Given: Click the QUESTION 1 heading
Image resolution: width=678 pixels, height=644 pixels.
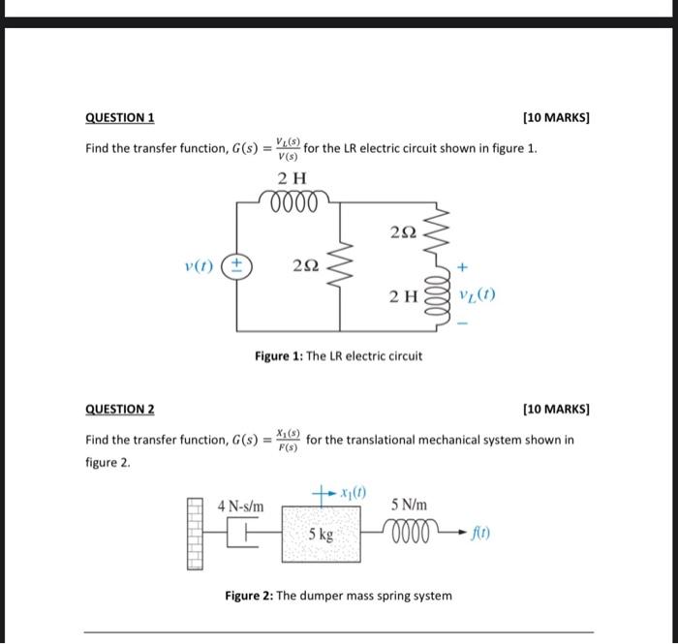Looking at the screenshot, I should point(120,118).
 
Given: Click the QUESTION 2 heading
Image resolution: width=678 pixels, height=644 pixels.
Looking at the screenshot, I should point(120,409).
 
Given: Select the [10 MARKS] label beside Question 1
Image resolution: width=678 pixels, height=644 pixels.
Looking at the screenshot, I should point(555,118).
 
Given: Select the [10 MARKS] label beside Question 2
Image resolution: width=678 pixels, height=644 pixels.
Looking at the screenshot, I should point(555,409).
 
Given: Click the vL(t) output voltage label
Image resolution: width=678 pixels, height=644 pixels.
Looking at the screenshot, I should point(477,295).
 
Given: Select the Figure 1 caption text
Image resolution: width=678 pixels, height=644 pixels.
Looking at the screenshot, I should point(338,356).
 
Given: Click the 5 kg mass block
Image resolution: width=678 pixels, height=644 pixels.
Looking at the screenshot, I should point(323,532).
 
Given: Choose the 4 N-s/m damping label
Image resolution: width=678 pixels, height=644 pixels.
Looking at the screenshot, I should point(240,506).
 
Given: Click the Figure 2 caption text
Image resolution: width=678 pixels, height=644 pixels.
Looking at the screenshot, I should point(338,595).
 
